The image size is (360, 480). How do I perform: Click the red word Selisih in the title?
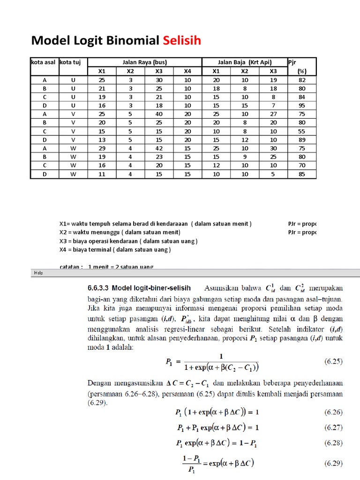[x=182, y=41]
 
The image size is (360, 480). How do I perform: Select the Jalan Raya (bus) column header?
[x=144, y=62]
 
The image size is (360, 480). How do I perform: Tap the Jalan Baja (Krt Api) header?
[x=245, y=62]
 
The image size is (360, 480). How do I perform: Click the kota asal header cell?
[x=43, y=62]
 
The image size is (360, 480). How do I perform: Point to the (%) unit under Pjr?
[x=302, y=71]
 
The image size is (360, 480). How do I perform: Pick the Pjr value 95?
[x=302, y=105]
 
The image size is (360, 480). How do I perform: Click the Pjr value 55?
[x=302, y=132]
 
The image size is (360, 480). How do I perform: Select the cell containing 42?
[x=159, y=149]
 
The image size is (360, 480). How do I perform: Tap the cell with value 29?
[x=102, y=149]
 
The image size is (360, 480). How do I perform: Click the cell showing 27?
[x=273, y=114]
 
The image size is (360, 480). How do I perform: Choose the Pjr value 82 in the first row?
[x=302, y=80]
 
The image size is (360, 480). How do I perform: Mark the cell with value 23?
[x=159, y=157]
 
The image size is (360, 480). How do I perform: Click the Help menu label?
[x=37, y=273]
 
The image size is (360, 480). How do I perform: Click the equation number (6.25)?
[x=333, y=361]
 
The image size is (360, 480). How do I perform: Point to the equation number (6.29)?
[x=333, y=464]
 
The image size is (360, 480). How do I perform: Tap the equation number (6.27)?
[x=333, y=427]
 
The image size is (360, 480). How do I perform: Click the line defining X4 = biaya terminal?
[x=115, y=249]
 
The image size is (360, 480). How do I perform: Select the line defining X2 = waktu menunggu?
[x=120, y=232]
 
